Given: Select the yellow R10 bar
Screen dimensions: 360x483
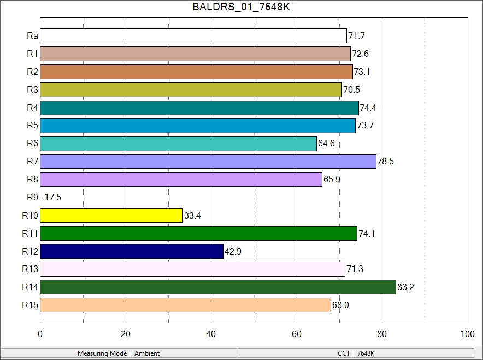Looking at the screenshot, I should pos(111,215).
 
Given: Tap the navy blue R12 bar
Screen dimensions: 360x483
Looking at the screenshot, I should pos(132,251).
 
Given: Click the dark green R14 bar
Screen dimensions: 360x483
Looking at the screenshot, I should pos(218,287).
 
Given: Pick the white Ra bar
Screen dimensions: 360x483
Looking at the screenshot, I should pos(193,36).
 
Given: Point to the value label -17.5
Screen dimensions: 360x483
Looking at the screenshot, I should pos(51,197).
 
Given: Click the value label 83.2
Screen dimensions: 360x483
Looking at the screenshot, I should pos(405,287).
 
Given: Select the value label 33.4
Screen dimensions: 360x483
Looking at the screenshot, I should pos(192,215).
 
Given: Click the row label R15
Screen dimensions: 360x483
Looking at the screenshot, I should pos(30,305).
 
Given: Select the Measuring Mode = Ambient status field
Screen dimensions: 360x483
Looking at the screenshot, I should pos(119,353).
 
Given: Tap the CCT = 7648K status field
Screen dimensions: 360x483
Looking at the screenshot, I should pos(356,353).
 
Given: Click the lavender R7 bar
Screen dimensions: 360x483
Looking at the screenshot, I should pos(208,162).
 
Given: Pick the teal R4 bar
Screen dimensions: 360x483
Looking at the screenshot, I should pos(199,108).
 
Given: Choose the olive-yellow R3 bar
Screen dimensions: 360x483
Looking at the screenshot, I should pos(191,90).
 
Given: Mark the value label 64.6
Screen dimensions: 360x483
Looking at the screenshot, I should pos(326,144).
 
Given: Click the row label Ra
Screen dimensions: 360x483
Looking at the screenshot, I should pos(32,36).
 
